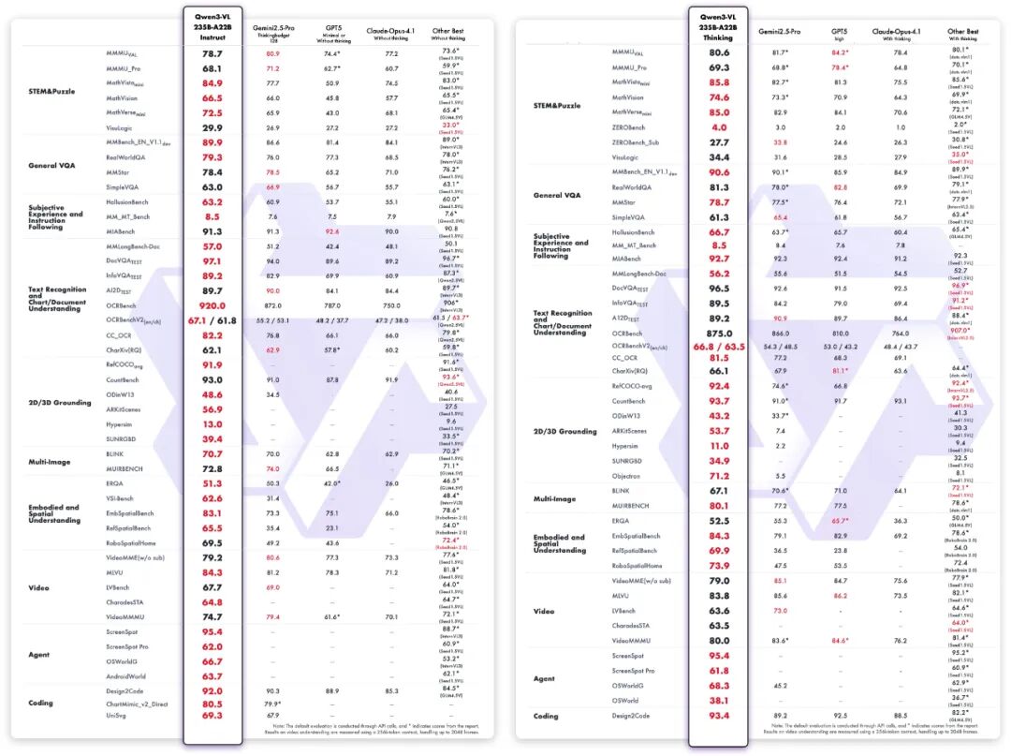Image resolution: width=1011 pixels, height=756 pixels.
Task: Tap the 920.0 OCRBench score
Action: [x=212, y=305]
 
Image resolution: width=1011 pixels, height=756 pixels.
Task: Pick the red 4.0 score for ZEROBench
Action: [x=719, y=126]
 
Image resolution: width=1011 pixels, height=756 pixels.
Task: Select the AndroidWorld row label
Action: [x=125, y=675]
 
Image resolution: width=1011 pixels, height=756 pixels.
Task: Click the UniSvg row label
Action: [x=116, y=716]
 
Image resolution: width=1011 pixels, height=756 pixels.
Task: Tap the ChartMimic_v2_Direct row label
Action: [x=137, y=704]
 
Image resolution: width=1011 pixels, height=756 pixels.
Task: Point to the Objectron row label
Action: [x=627, y=475]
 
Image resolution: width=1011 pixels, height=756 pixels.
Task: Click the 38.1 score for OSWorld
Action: [x=719, y=700]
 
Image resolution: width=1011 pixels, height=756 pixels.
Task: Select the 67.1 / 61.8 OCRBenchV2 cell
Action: [x=212, y=320]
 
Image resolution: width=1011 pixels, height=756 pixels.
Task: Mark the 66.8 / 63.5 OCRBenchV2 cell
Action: [x=719, y=347]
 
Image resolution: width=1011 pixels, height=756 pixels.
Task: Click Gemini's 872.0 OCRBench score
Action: [x=272, y=306]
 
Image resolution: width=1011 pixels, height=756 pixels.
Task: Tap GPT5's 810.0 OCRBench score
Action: [x=840, y=334]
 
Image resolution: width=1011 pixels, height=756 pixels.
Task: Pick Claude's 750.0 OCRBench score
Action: [x=390, y=306]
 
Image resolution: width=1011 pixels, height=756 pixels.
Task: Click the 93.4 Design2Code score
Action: [x=719, y=716]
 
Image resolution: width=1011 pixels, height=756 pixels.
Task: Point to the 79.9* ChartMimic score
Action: [x=272, y=704]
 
